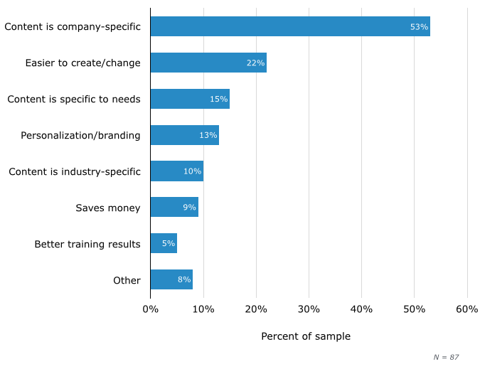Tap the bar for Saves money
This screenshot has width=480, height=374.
pos(174,208)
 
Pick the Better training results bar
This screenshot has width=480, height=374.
pos(163,244)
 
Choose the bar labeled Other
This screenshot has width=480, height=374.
pos(171,280)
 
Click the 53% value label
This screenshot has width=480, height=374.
pos(419,27)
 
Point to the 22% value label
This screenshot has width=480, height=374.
pos(255,63)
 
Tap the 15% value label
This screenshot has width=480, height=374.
pos(218,99)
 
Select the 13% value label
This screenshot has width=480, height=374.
pos(208,135)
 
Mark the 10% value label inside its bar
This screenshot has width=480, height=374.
pos(192,171)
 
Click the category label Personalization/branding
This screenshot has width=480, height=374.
pos(80,135)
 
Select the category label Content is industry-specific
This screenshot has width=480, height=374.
pos(75,171)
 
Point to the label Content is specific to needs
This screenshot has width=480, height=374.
pos(74,99)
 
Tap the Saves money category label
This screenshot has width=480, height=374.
pos(108,208)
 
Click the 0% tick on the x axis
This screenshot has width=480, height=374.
pos(150,309)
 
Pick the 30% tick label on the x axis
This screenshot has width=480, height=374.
pos(309,309)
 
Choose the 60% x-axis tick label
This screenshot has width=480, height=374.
pos(467,309)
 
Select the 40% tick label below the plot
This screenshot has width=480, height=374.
pos(361,309)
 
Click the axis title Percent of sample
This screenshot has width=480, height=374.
pos(306,336)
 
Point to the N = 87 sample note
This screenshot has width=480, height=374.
pos(446,357)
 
